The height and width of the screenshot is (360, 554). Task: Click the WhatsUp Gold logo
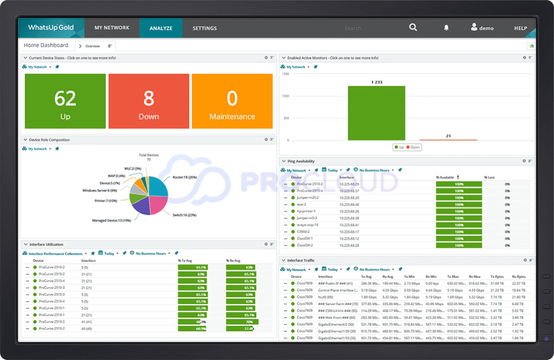51,28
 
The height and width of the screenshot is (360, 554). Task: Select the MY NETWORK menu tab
112,28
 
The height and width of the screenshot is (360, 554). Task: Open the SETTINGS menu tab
205,28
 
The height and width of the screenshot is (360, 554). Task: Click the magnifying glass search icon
413,28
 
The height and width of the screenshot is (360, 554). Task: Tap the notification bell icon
446,28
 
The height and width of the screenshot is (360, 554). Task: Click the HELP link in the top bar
520,28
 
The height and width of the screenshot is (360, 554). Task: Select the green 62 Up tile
65,101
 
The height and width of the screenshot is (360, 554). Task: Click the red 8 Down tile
149,101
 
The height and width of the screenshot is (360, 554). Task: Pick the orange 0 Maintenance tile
232,101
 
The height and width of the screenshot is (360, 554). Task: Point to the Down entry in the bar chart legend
414,147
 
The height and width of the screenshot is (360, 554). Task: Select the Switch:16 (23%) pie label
184,215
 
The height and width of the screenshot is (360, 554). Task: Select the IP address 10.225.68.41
349,225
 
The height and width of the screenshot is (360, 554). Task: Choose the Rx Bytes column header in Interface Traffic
518,277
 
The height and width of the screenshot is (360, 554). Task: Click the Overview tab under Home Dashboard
93,46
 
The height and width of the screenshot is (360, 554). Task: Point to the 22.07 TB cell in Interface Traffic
518,283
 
